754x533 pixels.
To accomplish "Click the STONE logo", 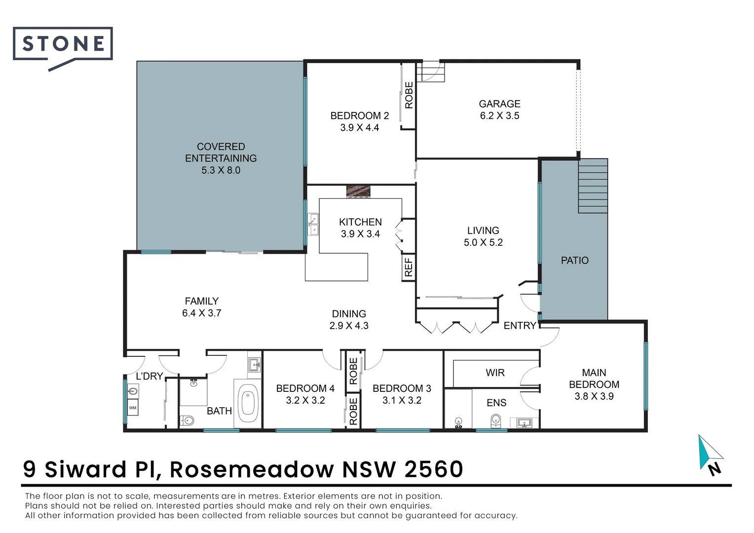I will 63,44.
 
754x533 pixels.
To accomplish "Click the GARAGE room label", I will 499,104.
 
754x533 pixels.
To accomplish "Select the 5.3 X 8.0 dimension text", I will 221,170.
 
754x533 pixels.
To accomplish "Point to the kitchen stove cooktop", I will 358,191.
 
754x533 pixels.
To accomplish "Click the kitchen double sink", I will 313,225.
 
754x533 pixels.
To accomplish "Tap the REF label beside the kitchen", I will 409,267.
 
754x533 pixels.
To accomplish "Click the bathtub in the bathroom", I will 248,403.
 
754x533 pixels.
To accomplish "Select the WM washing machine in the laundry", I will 133,408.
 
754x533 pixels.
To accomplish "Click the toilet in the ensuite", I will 496,420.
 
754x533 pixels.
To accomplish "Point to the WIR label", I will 495,373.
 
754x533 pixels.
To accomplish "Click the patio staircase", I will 593,186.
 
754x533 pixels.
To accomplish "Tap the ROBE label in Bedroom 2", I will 409,95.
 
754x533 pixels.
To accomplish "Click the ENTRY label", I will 520,326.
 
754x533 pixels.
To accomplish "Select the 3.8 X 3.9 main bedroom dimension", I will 594,396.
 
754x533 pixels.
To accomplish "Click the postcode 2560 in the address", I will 434,469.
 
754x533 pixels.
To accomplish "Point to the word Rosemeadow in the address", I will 252,469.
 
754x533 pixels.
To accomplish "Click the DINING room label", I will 349,314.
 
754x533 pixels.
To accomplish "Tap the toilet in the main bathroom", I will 188,420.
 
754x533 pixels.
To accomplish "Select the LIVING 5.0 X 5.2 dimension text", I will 483,242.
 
